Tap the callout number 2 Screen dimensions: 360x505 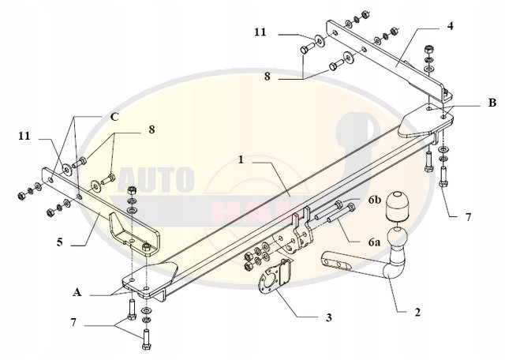click(x=417, y=312)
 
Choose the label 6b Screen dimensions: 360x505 click(x=374, y=201)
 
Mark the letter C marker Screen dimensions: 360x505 click(x=114, y=116)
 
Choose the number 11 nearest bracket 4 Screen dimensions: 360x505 click(x=260, y=32)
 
